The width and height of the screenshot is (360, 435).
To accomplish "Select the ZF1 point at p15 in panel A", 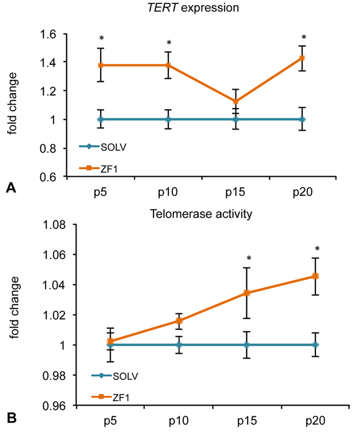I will [x=236, y=102].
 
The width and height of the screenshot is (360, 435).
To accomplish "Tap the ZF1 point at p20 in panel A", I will [x=302, y=58].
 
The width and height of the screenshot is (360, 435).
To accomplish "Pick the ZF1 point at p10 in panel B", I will [x=179, y=320].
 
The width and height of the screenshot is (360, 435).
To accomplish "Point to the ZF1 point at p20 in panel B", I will [x=316, y=276].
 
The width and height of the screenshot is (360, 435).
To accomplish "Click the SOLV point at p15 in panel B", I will [x=247, y=345].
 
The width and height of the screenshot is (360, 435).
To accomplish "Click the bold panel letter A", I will [x=10, y=188].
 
